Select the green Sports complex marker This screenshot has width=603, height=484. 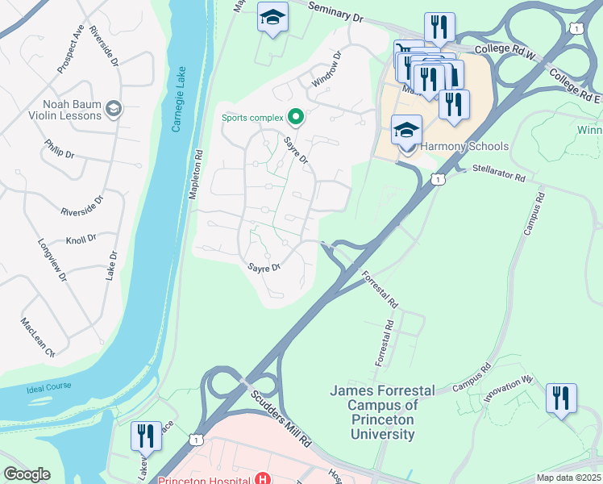tap(295, 118)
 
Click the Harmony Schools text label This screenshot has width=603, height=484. tap(464, 146)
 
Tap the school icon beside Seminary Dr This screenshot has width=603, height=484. tap(272, 16)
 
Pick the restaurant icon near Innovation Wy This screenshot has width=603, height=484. tap(560, 398)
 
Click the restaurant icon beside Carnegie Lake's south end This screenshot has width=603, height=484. tap(146, 436)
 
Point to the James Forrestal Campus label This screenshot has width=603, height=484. tap(382, 412)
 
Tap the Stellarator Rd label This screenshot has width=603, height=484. tap(499, 172)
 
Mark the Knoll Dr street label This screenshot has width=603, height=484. tap(81, 240)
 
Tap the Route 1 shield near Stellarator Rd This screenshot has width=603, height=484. tap(436, 179)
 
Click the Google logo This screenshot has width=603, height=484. tap(27, 474)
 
